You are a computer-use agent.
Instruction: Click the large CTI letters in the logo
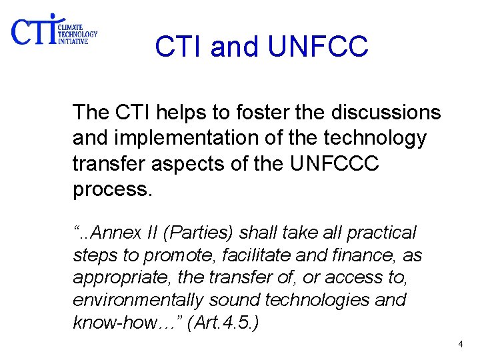33,31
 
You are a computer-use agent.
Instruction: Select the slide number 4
460,344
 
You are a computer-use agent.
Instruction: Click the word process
112,190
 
